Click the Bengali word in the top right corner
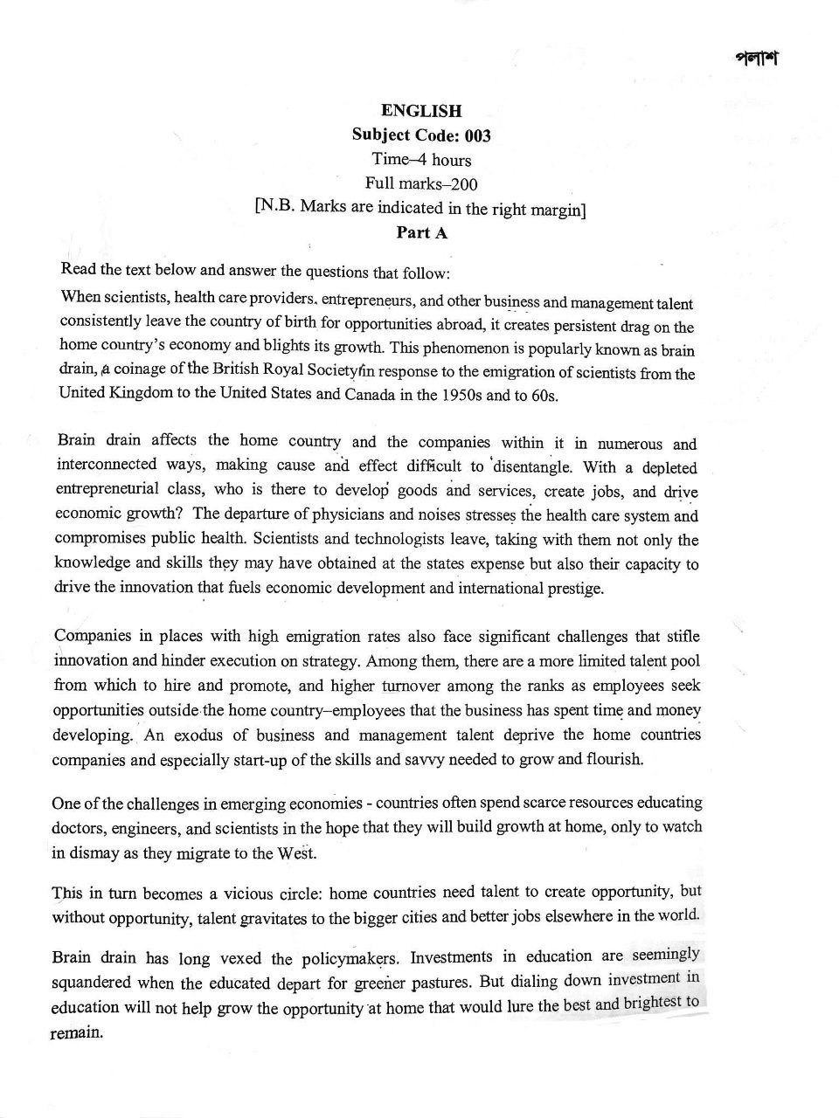[x=756, y=59]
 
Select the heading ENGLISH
[x=421, y=111]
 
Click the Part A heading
[x=421, y=232]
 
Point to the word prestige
[x=573, y=588]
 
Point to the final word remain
[x=78, y=1032]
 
